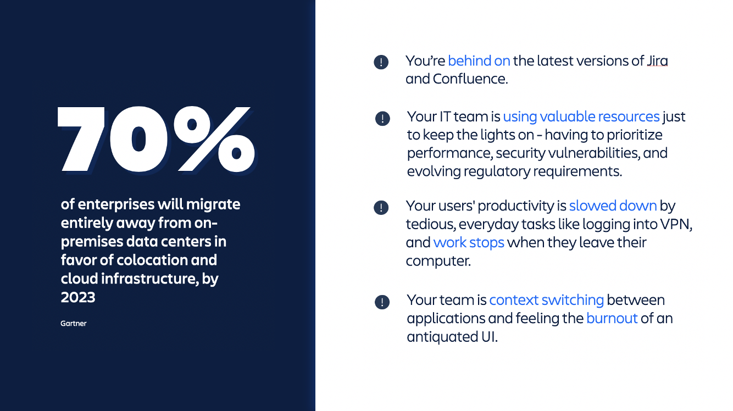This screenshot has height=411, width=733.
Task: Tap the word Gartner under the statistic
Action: coord(74,324)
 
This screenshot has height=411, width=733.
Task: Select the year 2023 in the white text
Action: coord(78,297)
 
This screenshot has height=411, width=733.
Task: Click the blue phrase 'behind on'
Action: coord(479,61)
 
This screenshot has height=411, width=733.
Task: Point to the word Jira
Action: coord(657,61)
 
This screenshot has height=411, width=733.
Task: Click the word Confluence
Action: coord(470,79)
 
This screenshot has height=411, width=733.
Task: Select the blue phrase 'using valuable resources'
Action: coord(581,116)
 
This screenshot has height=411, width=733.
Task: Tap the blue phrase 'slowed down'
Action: coord(613,205)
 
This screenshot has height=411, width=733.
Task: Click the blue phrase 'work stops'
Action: coord(469,242)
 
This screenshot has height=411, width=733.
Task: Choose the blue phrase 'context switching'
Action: coord(546,300)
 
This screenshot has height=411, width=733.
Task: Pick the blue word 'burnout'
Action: coord(612,318)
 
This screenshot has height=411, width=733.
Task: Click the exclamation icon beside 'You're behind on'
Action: coord(381,62)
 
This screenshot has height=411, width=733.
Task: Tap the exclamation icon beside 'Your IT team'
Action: coord(382,118)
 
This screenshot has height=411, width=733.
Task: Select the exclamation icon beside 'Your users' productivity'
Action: coord(381,207)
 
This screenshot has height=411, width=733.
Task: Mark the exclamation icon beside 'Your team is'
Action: coord(382,302)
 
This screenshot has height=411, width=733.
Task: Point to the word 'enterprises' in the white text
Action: coord(116,204)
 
